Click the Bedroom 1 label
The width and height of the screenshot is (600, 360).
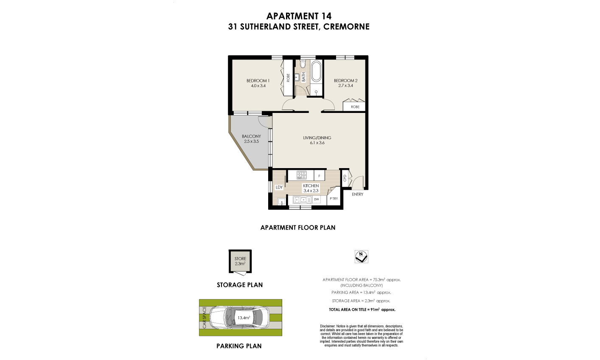click(x=258, y=81)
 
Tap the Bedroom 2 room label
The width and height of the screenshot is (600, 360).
click(x=345, y=81)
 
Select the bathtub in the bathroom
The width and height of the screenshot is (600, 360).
click(x=316, y=71)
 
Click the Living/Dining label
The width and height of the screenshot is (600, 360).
click(x=317, y=138)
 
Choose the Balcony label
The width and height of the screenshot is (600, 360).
click(x=251, y=136)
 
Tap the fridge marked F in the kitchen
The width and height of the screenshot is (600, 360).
click(x=319, y=175)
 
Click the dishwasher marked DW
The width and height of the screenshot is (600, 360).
click(x=317, y=199)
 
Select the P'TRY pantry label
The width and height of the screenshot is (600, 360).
click(x=334, y=199)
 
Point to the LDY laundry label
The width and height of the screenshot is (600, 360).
click(x=279, y=187)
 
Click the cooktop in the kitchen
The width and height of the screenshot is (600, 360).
click(x=301, y=174)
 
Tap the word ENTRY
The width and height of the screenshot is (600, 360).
click(x=357, y=194)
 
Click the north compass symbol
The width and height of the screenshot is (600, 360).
click(x=361, y=256)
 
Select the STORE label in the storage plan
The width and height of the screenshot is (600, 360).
click(x=240, y=259)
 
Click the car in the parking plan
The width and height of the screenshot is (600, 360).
click(x=241, y=317)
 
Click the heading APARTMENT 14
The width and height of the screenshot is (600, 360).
click(x=299, y=16)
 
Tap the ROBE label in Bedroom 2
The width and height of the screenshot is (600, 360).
click(x=355, y=107)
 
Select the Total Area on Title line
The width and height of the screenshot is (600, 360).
click(x=362, y=309)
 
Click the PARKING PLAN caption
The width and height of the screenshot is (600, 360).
click(x=239, y=346)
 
